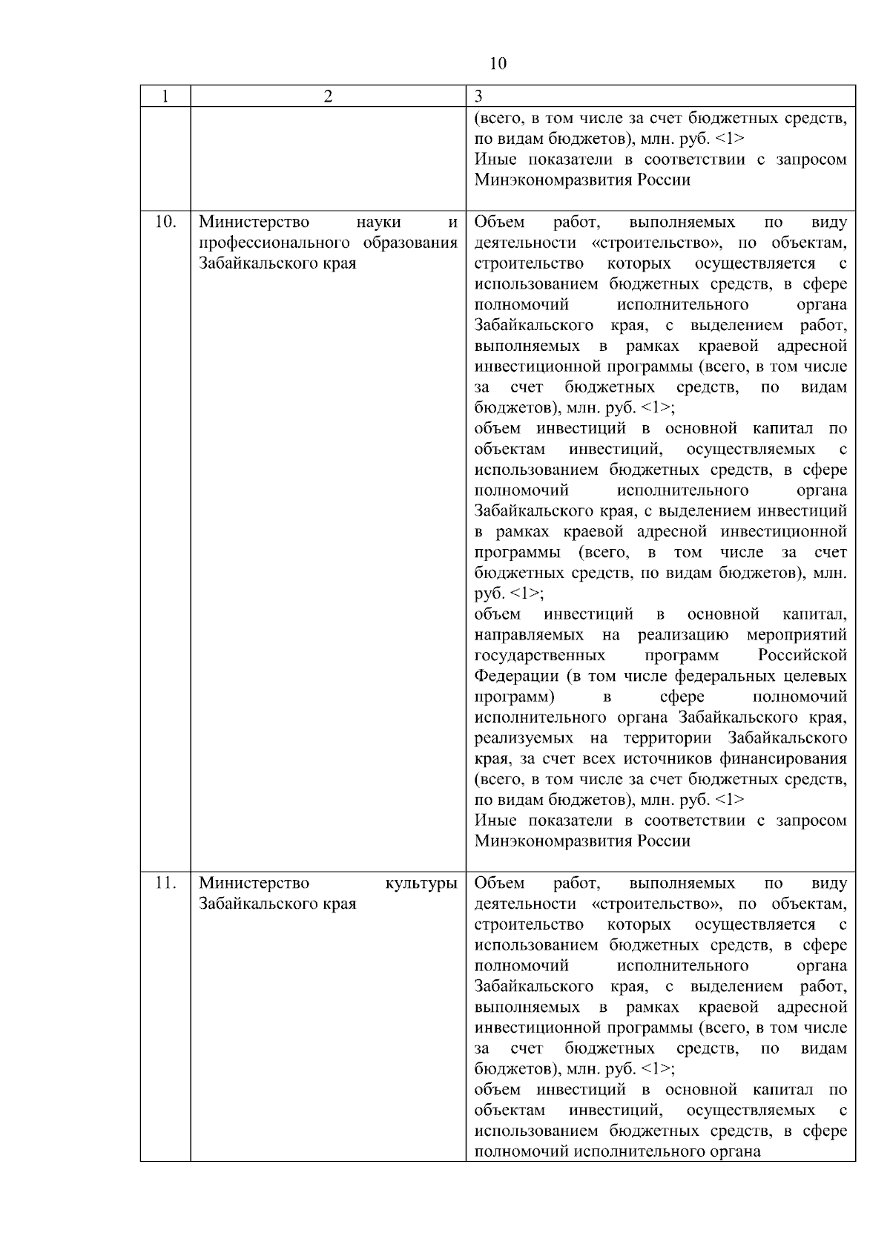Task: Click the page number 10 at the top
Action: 498,64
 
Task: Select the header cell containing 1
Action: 165,96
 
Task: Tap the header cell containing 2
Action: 328,96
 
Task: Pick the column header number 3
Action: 478,96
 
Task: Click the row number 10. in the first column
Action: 165,222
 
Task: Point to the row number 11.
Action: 165,883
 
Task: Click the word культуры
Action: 421,883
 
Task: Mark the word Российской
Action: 802,656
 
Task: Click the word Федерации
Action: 516,677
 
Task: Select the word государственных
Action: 539,656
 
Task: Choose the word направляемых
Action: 529,635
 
